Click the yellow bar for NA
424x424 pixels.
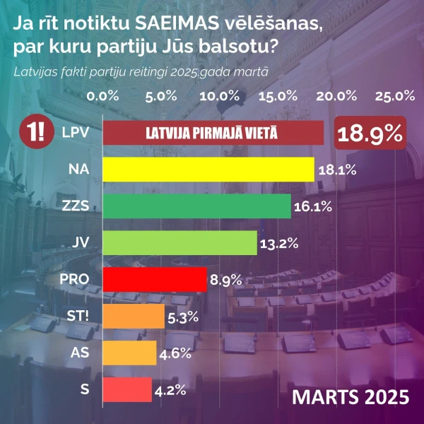coord(208,170)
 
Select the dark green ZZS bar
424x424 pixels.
coord(197,206)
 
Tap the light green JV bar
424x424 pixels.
coord(179,243)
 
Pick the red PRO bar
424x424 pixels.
coord(155,279)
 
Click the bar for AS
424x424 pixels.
coord(129,353)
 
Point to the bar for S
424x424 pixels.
coord(127,389)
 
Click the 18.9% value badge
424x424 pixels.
coord(370,133)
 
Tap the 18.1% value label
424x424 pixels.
coord(336,170)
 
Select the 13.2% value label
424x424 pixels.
coord(279,244)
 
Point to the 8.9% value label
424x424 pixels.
coord(226,280)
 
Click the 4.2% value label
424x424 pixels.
coord(170,389)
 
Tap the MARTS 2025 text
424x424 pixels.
coord(351,396)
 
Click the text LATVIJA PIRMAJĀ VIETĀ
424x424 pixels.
coord(211,133)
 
